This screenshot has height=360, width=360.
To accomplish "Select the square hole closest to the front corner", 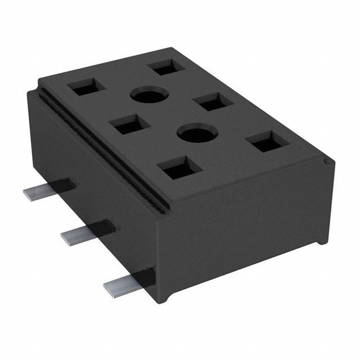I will click(x=178, y=168).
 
